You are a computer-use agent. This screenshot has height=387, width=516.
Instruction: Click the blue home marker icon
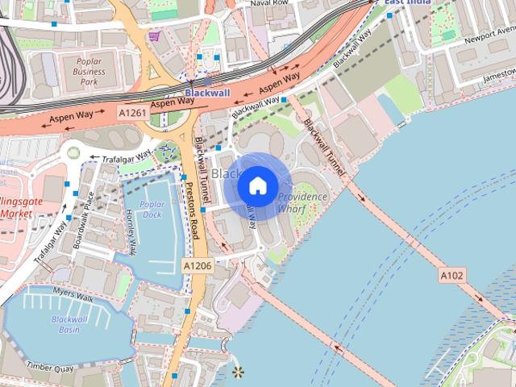click(256, 186)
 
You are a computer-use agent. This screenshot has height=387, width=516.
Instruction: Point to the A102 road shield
click(451, 276)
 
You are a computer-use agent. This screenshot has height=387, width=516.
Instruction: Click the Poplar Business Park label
click(89, 71)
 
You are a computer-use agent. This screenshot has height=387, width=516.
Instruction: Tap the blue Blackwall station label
click(207, 94)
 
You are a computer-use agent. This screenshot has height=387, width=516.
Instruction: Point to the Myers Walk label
click(73, 298)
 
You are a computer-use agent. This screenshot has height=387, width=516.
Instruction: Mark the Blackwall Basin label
click(70, 324)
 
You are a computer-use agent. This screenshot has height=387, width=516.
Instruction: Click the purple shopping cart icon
click(153, 35)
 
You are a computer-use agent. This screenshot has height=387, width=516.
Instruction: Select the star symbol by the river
click(237, 372)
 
